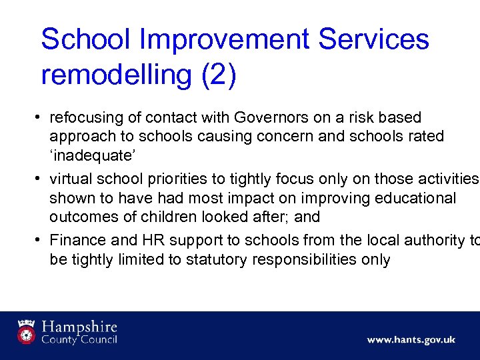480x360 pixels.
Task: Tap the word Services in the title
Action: (x=374, y=39)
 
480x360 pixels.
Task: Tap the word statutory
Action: (x=211, y=259)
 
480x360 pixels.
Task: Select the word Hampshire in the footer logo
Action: (x=79, y=327)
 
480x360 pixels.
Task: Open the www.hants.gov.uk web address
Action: (x=411, y=340)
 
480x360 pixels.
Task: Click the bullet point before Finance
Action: (x=40, y=239)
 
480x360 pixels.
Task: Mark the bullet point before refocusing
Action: (x=40, y=118)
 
